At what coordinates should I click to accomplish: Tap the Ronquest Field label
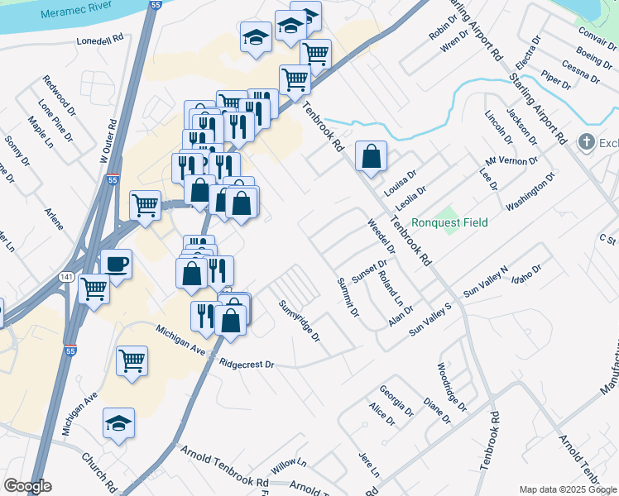pos(449,222)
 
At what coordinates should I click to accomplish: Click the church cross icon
pos(588,141)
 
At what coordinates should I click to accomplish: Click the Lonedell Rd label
pos(99,39)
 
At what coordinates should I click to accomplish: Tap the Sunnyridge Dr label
pos(299,322)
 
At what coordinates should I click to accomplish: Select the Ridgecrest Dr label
pos(247,363)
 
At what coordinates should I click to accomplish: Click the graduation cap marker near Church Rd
pos(118,424)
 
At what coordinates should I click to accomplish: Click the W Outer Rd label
pos(105,143)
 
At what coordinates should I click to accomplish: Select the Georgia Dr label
pos(396,400)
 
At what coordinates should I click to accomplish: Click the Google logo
pos(27,486)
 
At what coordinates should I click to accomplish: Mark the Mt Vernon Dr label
pos(511,160)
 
